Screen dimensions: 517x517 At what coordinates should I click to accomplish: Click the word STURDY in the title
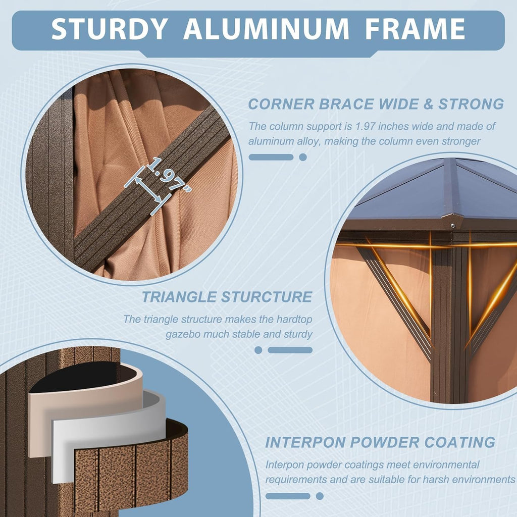coord(109,29)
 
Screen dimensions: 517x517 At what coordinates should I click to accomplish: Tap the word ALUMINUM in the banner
coord(266,29)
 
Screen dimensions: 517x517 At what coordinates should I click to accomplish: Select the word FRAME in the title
coord(415,29)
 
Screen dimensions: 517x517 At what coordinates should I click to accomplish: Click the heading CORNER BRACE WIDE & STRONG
coord(376,104)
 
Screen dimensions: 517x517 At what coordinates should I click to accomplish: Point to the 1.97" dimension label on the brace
coord(169,174)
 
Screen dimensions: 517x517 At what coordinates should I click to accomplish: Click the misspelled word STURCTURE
coord(267,297)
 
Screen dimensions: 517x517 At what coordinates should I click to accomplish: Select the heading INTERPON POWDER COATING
coord(380,442)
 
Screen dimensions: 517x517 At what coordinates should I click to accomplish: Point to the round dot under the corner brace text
coord(303,158)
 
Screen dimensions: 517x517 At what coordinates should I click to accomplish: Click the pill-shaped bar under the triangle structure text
coord(290,350)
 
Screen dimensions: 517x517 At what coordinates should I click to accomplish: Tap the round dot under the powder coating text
coord(320,496)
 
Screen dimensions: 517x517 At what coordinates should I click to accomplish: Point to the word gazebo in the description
coord(183,334)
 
